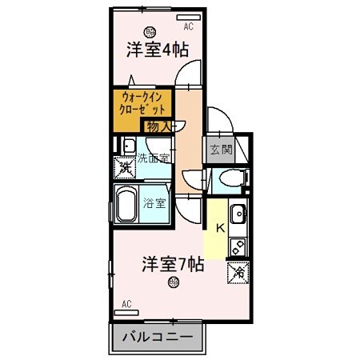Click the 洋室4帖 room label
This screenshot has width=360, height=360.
pyautogui.click(x=158, y=50)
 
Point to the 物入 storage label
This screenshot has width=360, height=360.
pyautogui.click(x=157, y=126)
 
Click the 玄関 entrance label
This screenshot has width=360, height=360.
pyautogui.click(x=221, y=150)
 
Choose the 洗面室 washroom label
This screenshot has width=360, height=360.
pyautogui.click(x=152, y=158)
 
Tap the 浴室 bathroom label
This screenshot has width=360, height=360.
pyautogui.click(x=154, y=203)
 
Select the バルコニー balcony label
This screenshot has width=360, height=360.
pyautogui.click(x=157, y=338)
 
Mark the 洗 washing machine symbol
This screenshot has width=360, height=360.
pyautogui.click(x=125, y=168)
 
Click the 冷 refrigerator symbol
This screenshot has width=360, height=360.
pyautogui.click(x=238, y=272)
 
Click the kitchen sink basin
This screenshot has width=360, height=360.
pyautogui.click(x=238, y=214)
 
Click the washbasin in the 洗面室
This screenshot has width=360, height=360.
pyautogui.click(x=128, y=146)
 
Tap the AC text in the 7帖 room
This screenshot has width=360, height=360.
pyautogui.click(x=126, y=303)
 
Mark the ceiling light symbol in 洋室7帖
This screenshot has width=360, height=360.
pyautogui.click(x=174, y=282)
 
